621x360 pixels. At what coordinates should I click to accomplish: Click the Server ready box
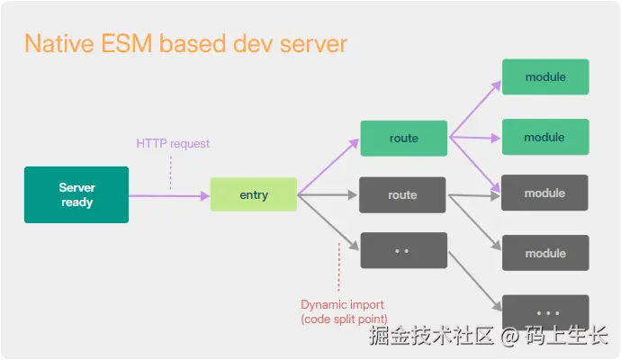coord(76,194)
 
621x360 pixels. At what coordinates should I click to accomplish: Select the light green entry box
coord(254,194)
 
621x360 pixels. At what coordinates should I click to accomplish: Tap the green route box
coord(403,139)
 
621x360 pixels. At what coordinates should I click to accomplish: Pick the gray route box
coord(402,195)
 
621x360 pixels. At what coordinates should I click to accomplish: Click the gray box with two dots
coord(403,250)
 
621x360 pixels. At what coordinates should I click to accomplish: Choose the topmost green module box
coord(545,76)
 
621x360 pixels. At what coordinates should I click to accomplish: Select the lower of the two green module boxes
coord(545,137)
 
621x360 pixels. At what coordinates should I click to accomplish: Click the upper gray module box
coord(544,193)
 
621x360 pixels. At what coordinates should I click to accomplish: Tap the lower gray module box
coord(545,253)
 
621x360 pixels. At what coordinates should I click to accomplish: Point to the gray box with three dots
coord(545,312)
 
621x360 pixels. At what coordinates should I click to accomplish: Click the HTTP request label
coord(173,143)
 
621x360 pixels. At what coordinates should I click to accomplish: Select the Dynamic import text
coord(342,304)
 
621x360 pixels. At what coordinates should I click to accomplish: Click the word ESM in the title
coord(127,43)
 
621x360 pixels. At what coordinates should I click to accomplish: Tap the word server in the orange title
coord(314,44)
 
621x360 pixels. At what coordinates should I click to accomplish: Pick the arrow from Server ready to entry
coord(169,195)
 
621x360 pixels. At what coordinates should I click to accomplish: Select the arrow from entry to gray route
coord(327,195)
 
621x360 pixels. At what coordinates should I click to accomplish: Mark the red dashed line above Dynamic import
coord(339,266)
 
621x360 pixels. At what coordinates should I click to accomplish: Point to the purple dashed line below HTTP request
coord(171,173)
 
